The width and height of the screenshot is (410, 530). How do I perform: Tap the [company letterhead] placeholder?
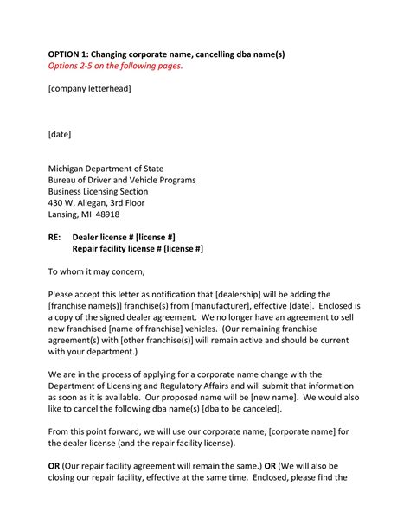(x=90, y=89)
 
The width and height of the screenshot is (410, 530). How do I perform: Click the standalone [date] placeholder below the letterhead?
(x=60, y=134)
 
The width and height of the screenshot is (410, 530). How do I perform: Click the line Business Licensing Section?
(x=98, y=191)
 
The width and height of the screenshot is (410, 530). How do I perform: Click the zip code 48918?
(x=108, y=214)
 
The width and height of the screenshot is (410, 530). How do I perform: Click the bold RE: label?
(x=54, y=236)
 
